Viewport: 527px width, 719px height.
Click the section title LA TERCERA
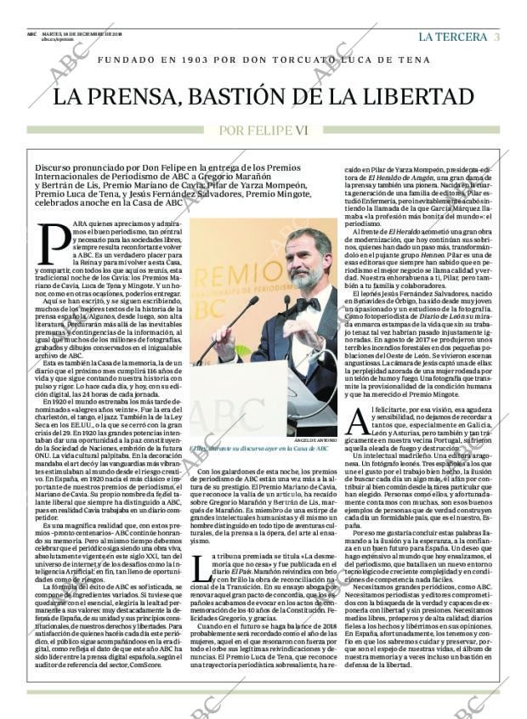pyautogui.click(x=453, y=37)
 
